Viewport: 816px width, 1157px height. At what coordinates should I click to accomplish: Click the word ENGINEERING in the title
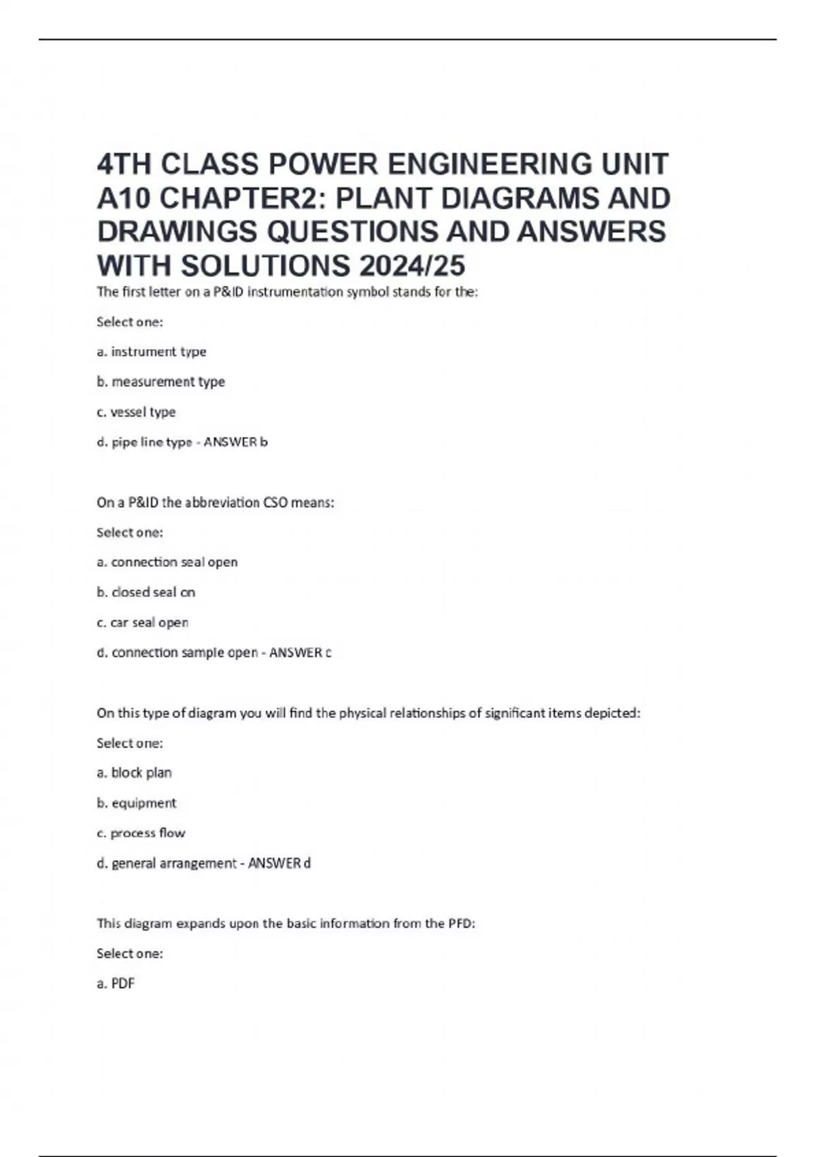point(490,165)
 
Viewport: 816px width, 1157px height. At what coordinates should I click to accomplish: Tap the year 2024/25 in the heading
point(412,266)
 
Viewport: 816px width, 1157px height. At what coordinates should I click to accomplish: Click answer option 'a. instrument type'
point(152,352)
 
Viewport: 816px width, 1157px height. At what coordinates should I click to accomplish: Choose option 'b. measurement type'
point(160,382)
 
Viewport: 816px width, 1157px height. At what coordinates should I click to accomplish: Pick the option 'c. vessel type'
point(136,412)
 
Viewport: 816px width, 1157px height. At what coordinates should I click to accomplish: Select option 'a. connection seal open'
point(167,562)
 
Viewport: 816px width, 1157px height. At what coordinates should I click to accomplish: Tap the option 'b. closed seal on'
point(146,592)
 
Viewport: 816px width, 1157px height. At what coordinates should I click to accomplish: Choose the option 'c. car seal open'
point(142,623)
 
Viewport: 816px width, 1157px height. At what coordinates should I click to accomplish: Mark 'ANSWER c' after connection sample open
point(300,653)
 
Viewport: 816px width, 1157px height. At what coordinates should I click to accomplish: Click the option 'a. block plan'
point(134,773)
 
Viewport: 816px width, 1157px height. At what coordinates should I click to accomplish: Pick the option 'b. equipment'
point(136,803)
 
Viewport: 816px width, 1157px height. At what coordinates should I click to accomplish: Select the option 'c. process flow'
point(141,833)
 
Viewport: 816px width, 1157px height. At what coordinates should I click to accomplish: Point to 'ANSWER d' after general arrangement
point(279,864)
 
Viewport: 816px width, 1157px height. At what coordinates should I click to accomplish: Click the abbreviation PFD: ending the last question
point(462,924)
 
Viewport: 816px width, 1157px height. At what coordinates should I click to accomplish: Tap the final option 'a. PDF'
point(116,983)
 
